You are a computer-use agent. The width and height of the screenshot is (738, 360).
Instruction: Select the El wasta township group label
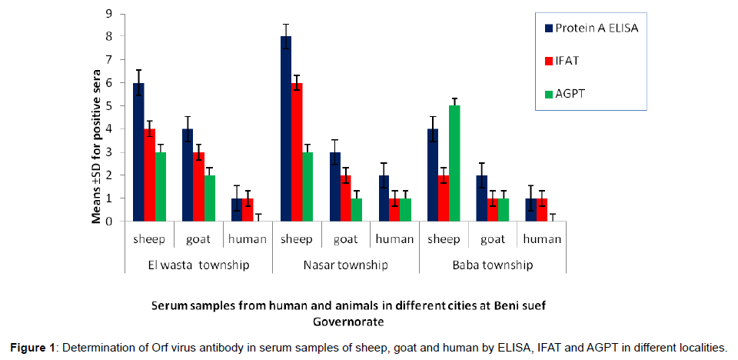(x=198, y=265)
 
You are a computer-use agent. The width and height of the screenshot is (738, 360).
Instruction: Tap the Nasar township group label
(x=345, y=265)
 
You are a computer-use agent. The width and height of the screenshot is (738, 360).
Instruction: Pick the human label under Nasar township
(x=394, y=239)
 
